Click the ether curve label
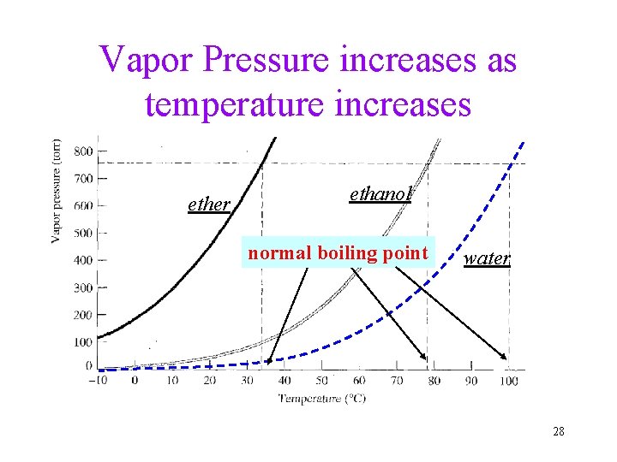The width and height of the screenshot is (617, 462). [x=208, y=204]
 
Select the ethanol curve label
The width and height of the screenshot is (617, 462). [x=381, y=194]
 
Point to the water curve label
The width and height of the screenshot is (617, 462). [x=487, y=258]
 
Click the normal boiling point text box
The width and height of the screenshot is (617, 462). [x=338, y=253]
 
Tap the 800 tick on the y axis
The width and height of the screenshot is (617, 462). [x=83, y=151]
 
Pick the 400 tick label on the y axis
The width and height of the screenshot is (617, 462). [x=83, y=260]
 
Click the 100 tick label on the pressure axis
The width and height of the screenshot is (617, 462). [x=83, y=342]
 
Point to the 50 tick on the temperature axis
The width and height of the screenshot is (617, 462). [x=321, y=380]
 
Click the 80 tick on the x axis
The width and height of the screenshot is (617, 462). [x=434, y=380]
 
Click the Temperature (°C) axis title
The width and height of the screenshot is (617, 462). [x=321, y=397]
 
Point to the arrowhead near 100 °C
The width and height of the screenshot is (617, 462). [x=505, y=356]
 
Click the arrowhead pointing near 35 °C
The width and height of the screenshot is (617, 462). [x=270, y=362]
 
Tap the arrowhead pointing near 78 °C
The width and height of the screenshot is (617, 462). [x=423, y=357]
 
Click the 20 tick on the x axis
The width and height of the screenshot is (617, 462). [x=210, y=380]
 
